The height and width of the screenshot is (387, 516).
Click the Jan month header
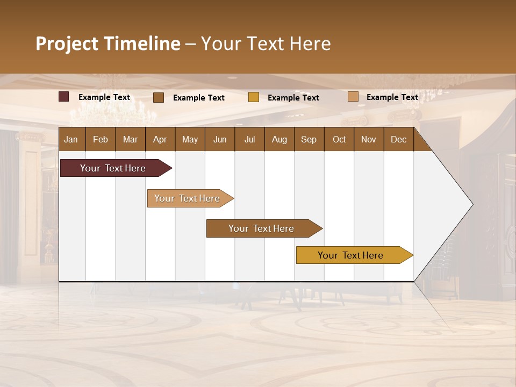71,139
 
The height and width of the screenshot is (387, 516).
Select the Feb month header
101,139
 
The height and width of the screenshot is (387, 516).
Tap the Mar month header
130,139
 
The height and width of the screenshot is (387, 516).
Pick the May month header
190,139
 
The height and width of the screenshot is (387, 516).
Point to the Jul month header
249,139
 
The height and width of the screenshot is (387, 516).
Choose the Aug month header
279,139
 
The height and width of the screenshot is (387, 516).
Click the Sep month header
309,139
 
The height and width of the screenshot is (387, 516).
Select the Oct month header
339,139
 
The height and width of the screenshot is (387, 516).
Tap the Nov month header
369,139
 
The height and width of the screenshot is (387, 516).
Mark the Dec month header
398,139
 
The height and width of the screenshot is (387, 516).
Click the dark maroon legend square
64,97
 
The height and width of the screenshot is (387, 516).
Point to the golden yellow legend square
254,97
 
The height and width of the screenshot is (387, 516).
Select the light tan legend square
353,97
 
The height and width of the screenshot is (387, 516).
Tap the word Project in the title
67,44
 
